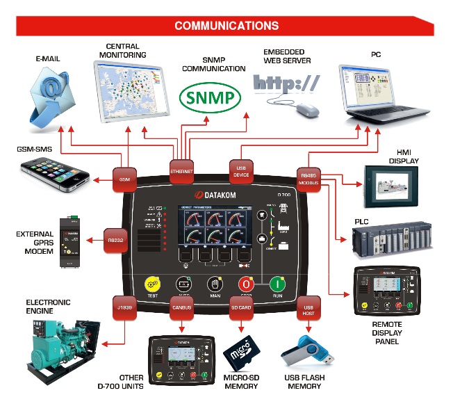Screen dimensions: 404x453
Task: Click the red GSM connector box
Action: [125, 179]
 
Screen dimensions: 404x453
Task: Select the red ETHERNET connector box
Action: [181, 170]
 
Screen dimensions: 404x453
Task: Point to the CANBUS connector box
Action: [181, 308]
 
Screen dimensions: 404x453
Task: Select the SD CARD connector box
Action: [240, 308]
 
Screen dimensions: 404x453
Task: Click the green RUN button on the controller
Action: [277, 284]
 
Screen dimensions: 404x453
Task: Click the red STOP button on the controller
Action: [245, 284]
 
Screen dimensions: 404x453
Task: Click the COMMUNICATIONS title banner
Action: [226, 26]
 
